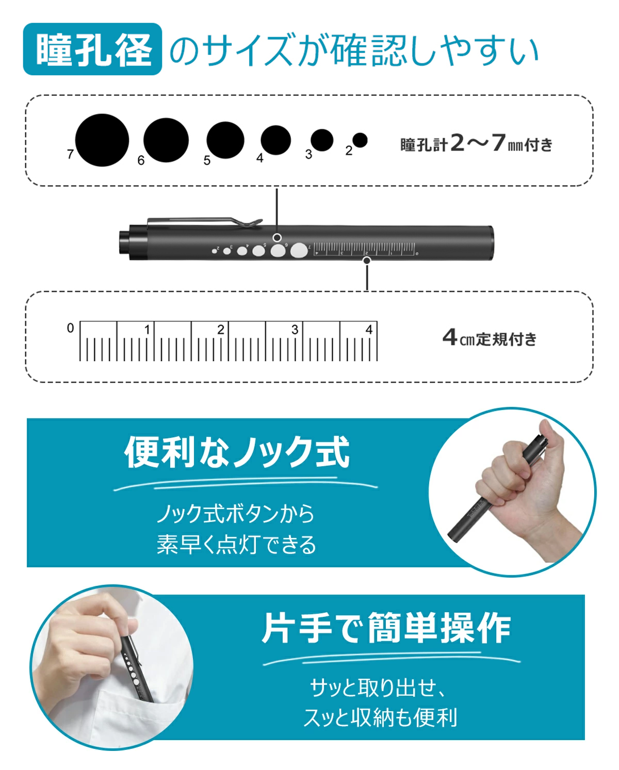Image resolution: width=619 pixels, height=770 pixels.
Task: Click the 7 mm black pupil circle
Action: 102,140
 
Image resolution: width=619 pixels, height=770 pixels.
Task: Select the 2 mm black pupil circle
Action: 360,140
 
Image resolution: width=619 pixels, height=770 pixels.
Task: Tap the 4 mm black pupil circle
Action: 275,140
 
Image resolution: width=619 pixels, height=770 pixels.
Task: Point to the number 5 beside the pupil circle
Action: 207,160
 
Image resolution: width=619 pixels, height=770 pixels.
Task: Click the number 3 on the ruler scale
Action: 295,330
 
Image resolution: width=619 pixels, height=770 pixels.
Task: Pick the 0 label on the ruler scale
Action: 71,328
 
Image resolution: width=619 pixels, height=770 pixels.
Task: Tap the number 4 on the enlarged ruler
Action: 369,330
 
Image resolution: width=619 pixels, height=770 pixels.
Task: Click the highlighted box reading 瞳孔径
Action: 93,50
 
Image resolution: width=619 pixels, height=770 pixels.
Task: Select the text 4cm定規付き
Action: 490,338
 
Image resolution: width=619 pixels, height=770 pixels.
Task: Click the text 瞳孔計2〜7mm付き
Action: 476,144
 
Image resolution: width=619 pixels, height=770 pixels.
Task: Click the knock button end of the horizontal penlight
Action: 124,242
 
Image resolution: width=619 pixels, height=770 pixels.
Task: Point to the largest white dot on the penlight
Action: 298,251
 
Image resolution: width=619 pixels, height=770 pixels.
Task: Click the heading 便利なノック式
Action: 237,452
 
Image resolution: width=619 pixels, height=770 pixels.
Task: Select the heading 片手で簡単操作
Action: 386,628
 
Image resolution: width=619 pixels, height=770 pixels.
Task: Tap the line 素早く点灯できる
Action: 237,545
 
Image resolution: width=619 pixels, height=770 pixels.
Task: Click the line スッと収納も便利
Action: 380,717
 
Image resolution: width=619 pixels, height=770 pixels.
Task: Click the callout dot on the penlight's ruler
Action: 367,260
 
